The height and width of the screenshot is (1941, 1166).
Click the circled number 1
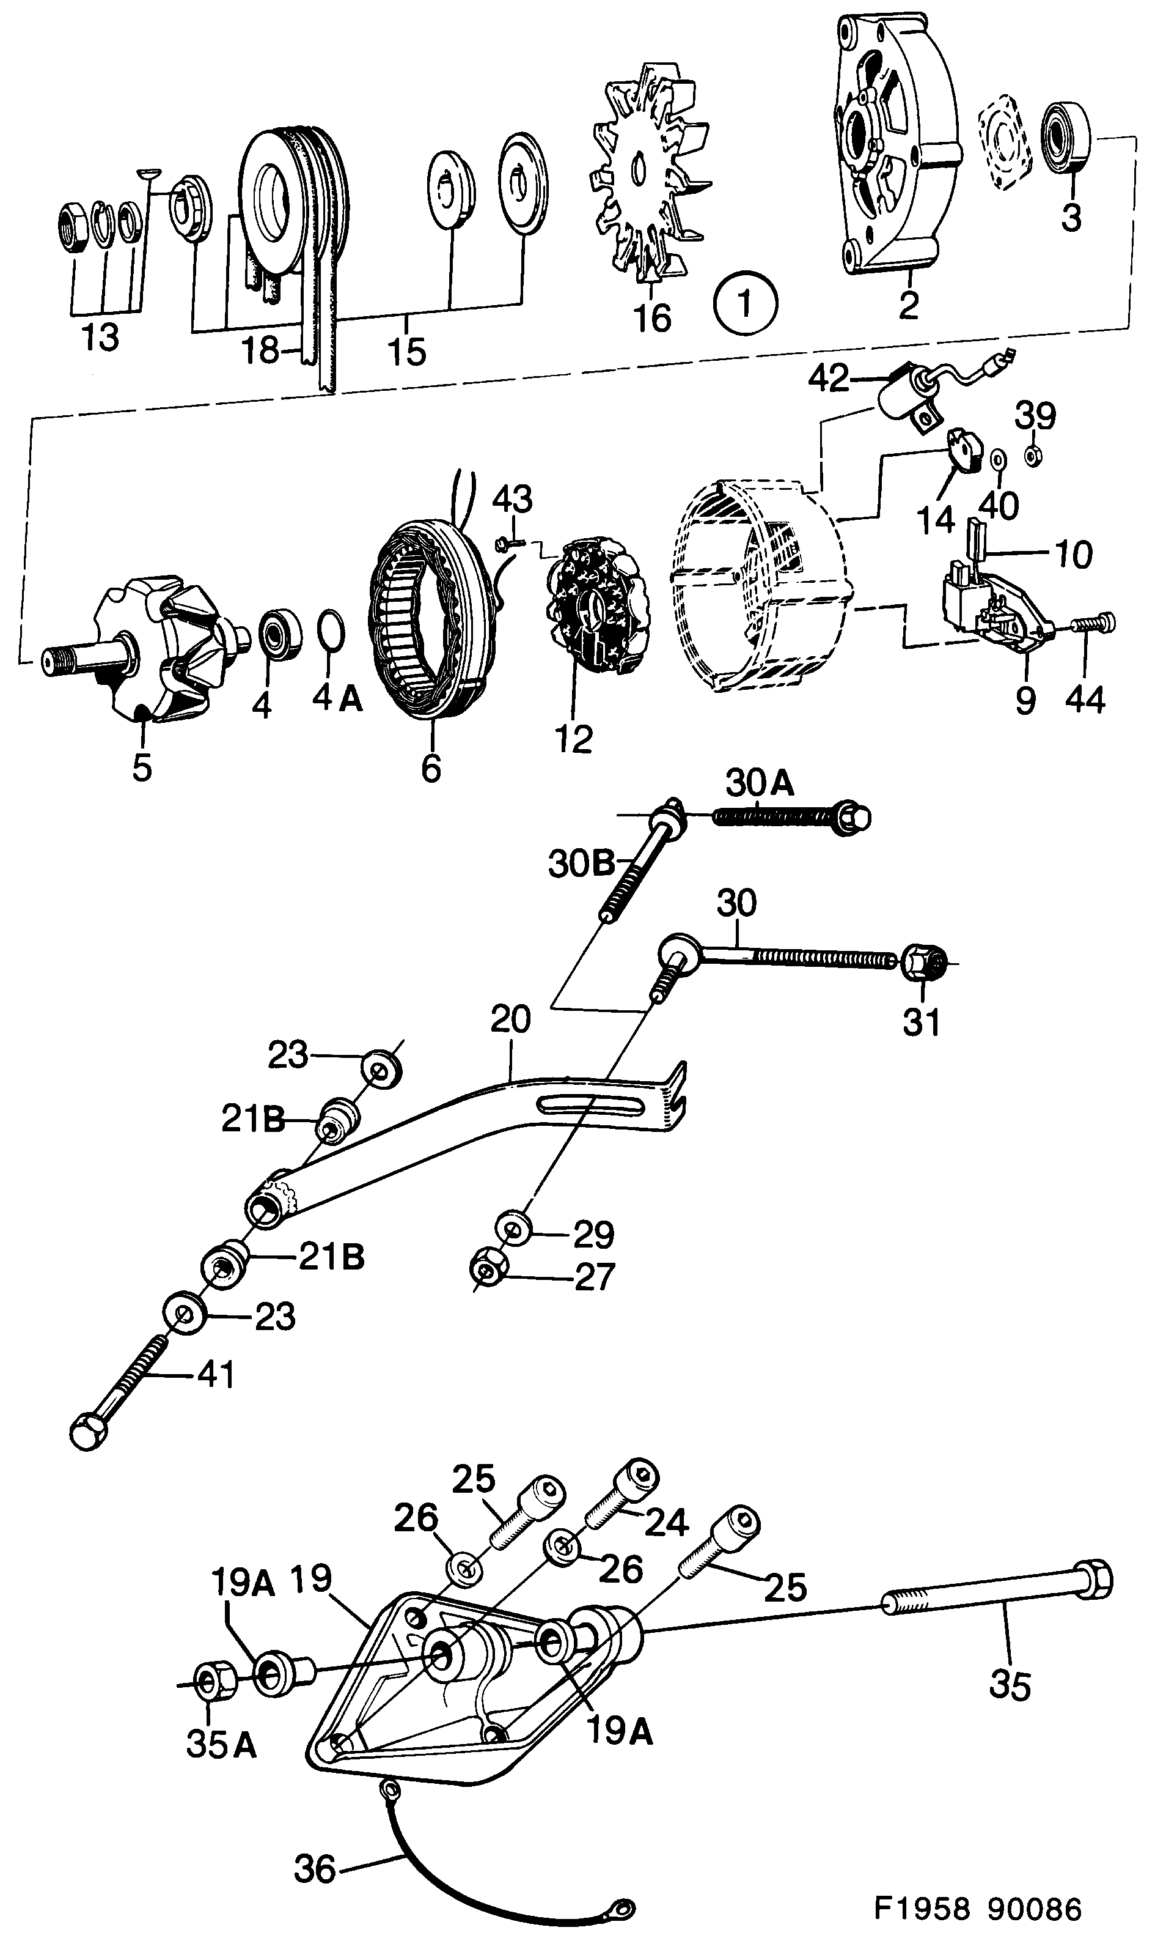coord(745,303)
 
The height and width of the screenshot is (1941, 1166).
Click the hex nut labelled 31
coord(922,963)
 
